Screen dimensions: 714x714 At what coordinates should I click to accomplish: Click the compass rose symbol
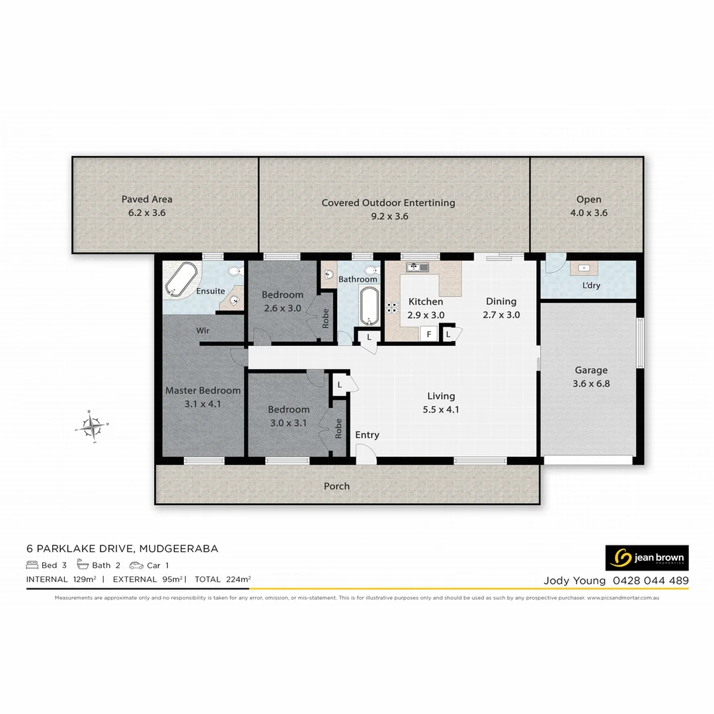[x=93, y=425]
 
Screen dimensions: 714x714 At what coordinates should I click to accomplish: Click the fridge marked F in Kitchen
[x=429, y=335]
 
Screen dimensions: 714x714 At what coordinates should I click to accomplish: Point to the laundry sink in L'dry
[x=584, y=268]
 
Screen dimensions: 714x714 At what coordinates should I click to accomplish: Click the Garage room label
[x=590, y=370]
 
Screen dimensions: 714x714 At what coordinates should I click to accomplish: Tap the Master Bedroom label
[x=202, y=390]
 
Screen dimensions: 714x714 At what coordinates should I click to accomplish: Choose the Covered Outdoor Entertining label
[x=388, y=203]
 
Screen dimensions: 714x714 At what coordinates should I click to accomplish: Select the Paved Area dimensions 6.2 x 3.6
[x=147, y=213]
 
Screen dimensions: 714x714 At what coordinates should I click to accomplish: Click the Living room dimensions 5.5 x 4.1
[x=441, y=409]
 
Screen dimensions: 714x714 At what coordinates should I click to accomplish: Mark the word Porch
[x=337, y=486]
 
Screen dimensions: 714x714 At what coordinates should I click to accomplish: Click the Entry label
[x=367, y=434]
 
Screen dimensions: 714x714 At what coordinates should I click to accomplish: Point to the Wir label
[x=203, y=329]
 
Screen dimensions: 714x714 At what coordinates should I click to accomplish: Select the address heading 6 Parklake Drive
[x=122, y=548]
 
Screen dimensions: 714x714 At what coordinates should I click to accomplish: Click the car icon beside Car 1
[x=136, y=565]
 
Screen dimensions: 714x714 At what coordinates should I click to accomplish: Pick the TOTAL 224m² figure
[x=223, y=580]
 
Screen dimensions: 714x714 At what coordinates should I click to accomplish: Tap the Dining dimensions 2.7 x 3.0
[x=501, y=315]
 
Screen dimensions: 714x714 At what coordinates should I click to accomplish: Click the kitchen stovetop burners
[x=392, y=307]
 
